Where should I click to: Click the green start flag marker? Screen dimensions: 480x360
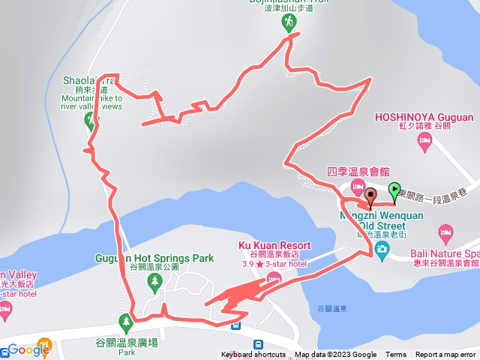[395, 190]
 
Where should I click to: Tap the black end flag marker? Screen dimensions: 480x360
[370, 196]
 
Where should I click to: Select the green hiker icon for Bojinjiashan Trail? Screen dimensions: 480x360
[289, 23]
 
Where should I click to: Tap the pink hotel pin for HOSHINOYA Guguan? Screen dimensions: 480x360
[426, 142]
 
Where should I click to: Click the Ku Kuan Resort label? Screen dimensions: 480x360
[274, 246]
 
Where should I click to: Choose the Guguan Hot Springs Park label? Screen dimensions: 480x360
[154, 258]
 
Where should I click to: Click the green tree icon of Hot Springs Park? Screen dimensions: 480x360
[154, 282]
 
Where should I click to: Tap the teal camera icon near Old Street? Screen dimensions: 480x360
[382, 248]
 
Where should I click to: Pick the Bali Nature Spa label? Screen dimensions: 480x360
[445, 254]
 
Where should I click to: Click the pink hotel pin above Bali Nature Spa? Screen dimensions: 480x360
[446, 232]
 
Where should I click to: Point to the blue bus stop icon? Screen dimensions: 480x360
[236, 325]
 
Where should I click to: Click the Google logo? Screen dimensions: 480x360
[28, 349]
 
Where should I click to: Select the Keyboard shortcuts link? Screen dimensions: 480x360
[253, 355]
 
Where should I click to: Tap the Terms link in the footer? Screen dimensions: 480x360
[396, 355]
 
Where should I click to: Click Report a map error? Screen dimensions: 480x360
[445, 355]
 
